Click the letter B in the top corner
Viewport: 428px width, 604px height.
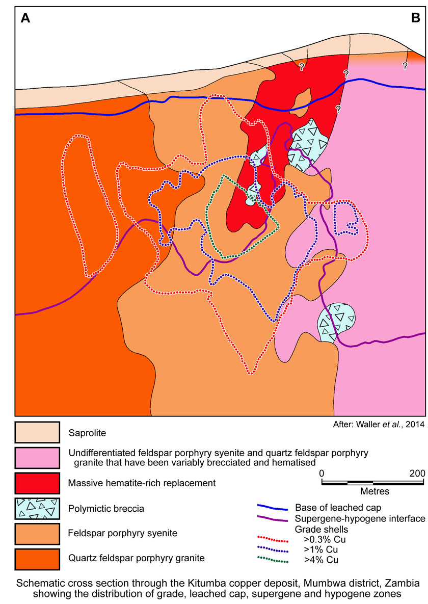(x=415, y=19)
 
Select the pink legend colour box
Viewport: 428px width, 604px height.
(x=38, y=460)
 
